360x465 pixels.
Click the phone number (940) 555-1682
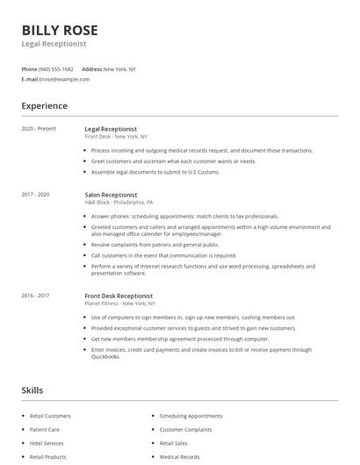pyautogui.click(x=57, y=68)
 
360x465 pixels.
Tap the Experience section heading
pyautogui.click(x=44, y=106)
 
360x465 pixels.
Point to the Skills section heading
pyautogui.click(x=32, y=390)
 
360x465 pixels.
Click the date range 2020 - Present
pyautogui.click(x=39, y=129)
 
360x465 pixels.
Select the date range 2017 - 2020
pyautogui.click(x=36, y=194)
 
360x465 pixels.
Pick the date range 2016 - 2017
pyautogui.click(x=36, y=297)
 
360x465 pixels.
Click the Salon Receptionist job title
pyautogui.click(x=114, y=194)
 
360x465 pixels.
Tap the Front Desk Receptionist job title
pyautogui.click(x=119, y=297)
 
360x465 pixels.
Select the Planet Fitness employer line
pyautogui.click(x=119, y=304)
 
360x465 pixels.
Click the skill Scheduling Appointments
pyautogui.click(x=191, y=416)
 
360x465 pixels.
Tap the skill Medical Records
pyautogui.click(x=179, y=456)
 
